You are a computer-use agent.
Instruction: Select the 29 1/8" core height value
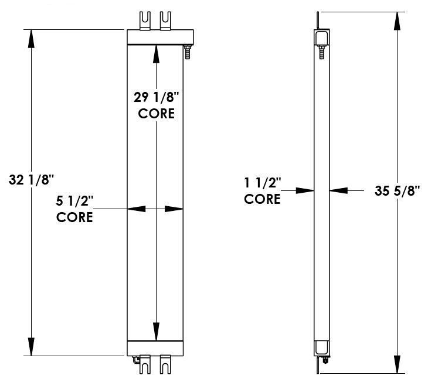(156, 98)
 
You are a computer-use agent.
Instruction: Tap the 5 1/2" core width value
(75, 201)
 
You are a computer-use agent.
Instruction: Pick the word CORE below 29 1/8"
(156, 114)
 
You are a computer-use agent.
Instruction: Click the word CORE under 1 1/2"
(262, 199)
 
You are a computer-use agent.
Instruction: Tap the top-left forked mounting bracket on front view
(144, 18)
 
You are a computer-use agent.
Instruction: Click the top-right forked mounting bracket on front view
(166, 18)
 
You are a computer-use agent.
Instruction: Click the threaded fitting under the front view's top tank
(188, 52)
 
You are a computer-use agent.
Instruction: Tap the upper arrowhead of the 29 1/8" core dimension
(156, 53)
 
